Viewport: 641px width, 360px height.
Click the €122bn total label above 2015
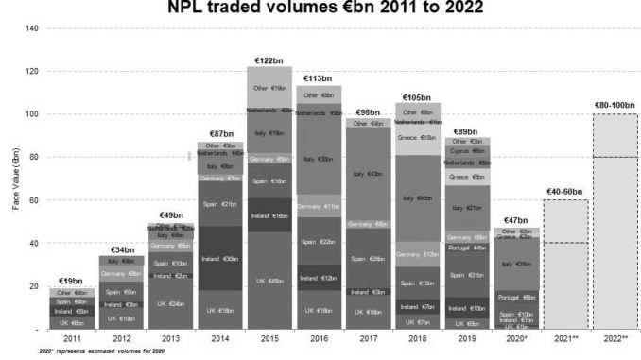coord(269,59)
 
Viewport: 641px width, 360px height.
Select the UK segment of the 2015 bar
coord(269,281)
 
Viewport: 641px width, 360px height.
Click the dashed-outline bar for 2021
coord(564,264)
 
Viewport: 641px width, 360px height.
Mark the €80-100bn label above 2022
coord(615,105)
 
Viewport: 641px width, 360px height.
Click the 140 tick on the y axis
coord(32,28)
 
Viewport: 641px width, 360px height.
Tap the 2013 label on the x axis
coord(166,337)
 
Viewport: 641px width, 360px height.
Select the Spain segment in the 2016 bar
coord(320,242)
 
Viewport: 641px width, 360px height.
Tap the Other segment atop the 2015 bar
coord(269,88)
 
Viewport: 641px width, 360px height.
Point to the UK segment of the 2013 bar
coord(166,303)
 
